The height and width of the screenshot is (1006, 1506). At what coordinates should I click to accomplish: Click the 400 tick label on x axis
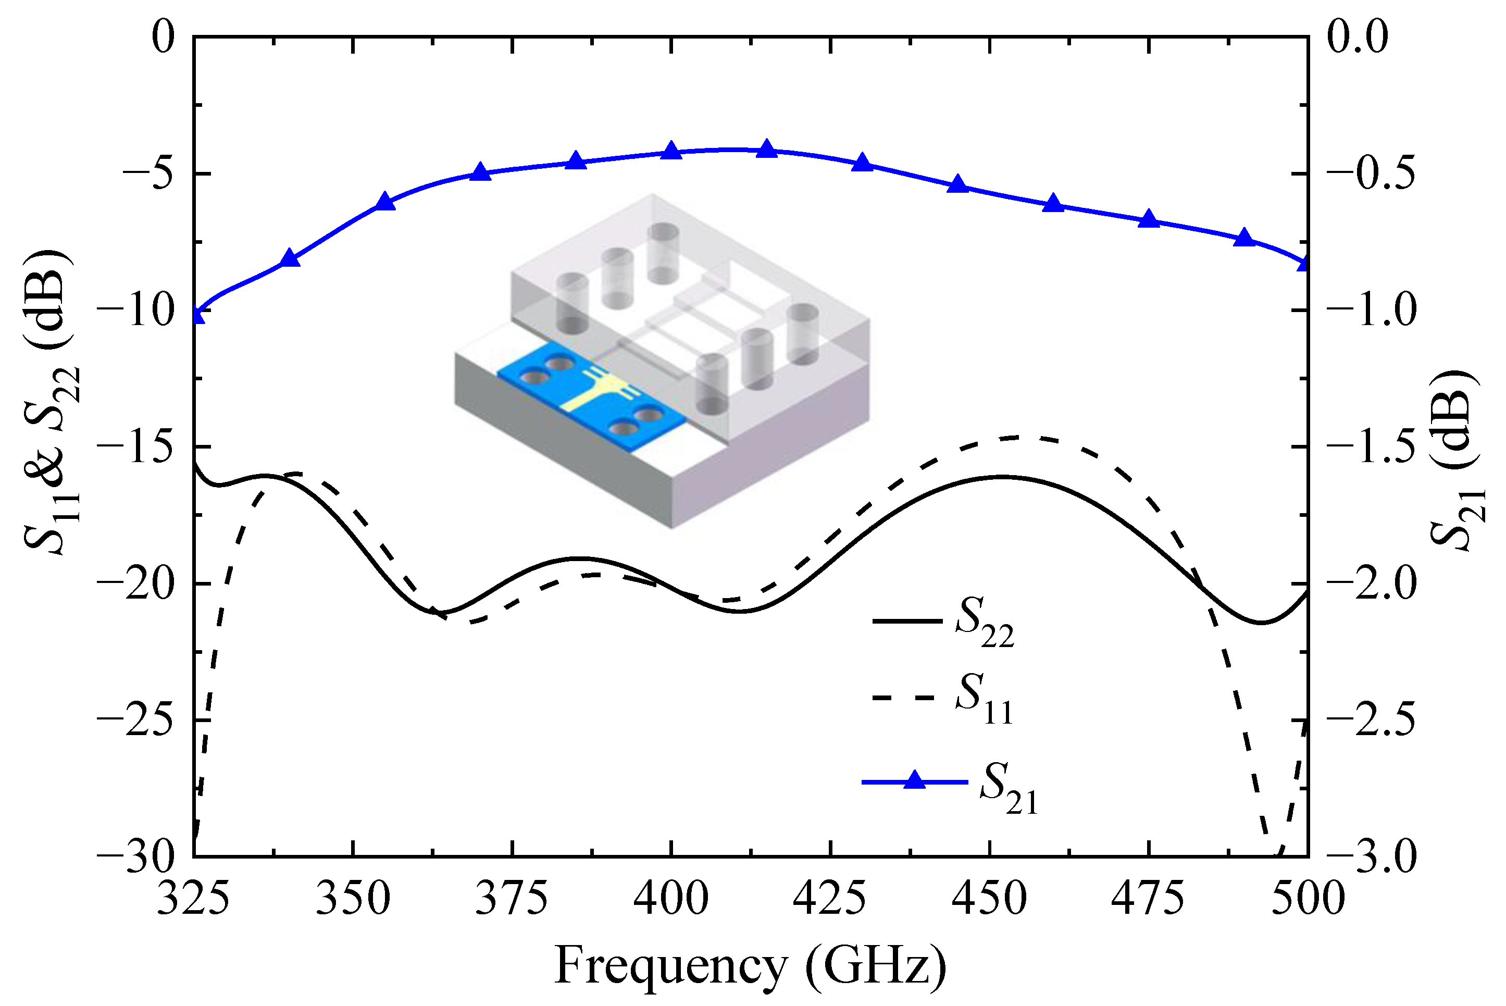[x=671, y=899]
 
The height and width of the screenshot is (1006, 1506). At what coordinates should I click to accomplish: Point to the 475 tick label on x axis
[x=1148, y=899]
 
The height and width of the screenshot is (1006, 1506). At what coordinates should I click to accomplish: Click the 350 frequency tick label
[x=353, y=899]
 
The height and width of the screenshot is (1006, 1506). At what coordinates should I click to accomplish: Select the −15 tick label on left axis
[x=136, y=446]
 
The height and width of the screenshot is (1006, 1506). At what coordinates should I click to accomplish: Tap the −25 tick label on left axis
[x=136, y=720]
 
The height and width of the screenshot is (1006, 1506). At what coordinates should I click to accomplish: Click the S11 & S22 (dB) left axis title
[x=52, y=401]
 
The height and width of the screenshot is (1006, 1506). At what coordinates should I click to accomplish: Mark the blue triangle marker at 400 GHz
[x=671, y=151]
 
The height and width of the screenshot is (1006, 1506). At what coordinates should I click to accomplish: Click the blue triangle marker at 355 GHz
[x=385, y=201]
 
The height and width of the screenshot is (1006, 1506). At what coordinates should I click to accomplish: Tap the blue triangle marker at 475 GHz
[x=1148, y=219]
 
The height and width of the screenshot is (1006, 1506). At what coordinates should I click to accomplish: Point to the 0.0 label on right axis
[x=1356, y=36]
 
